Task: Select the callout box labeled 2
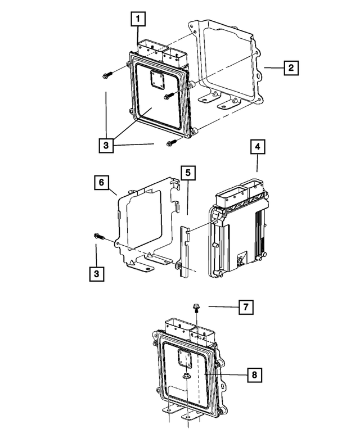tap(290, 68)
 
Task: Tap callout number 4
tap(257, 148)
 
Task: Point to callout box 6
tap(101, 183)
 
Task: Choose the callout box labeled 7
tap(245, 308)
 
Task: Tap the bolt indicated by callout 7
tap(196, 308)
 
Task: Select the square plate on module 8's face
tap(183, 358)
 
